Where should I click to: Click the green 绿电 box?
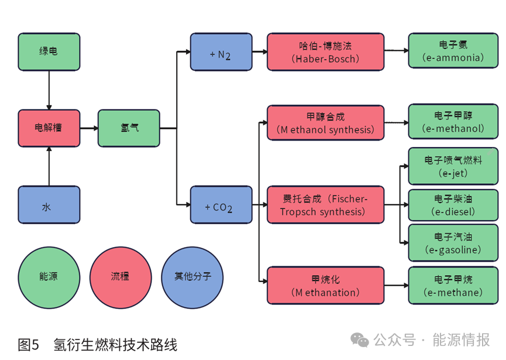(49, 52)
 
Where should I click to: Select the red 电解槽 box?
(49, 128)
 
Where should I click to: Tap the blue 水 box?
(49, 205)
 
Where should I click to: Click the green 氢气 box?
(129, 128)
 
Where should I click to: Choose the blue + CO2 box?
(221, 205)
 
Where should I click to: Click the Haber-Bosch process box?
(325, 52)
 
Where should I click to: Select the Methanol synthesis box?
(325, 123)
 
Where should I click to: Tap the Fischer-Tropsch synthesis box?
(325, 205)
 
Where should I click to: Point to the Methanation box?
(325, 285)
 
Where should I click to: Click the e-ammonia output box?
(453, 52)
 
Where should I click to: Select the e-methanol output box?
(453, 123)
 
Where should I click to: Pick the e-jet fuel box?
(453, 166)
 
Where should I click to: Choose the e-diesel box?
(453, 205)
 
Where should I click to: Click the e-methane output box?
(453, 285)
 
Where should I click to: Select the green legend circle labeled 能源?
(49, 276)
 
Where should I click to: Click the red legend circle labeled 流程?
(120, 276)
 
